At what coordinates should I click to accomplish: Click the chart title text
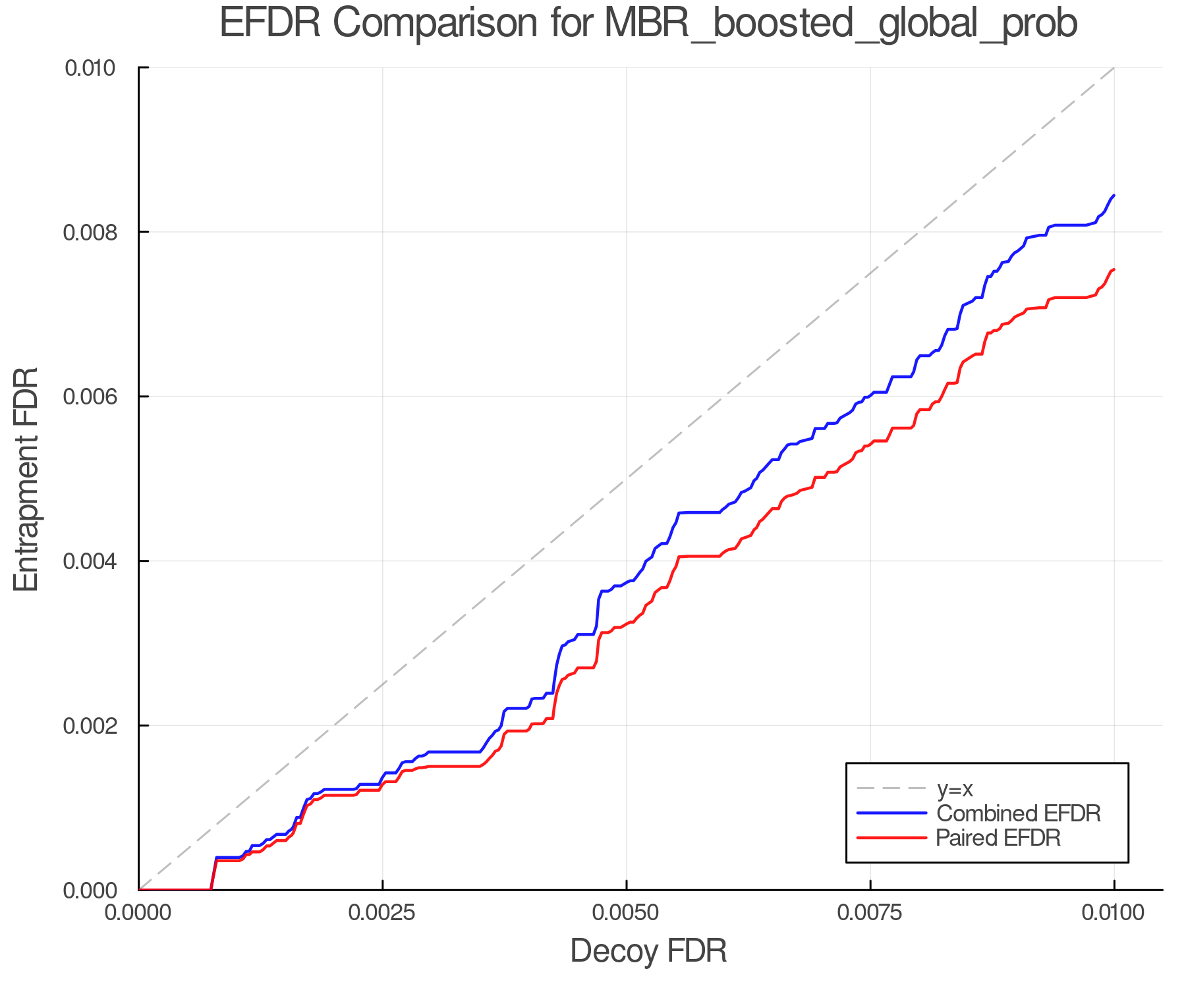[x=648, y=24]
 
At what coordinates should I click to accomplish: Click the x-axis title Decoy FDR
[x=648, y=951]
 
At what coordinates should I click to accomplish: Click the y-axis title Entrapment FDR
[x=26, y=479]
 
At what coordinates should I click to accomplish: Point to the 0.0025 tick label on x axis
[x=382, y=913]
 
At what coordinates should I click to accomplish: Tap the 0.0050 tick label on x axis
[x=626, y=913]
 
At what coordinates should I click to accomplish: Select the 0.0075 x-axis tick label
[x=870, y=913]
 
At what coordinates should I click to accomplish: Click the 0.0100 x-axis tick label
[x=1114, y=913]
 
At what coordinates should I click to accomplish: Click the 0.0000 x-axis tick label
[x=138, y=913]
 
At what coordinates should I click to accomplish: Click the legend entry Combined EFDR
[x=1018, y=813]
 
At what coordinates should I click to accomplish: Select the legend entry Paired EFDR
[x=998, y=838]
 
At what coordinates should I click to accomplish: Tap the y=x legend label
[x=955, y=789]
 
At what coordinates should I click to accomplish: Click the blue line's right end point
[x=1114, y=196]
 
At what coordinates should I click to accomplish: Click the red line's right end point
[x=1114, y=269]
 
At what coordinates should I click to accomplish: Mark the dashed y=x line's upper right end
[x=1114, y=68]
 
